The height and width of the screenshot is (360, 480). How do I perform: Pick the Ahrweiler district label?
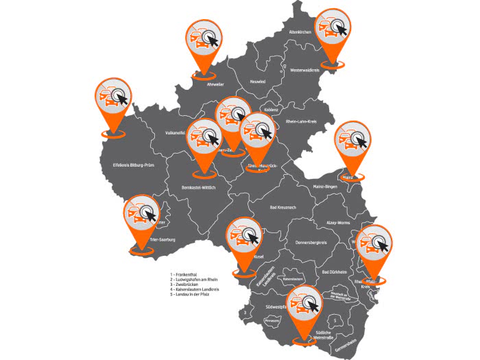coord(216,84)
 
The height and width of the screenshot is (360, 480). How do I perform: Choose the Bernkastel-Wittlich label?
coord(199,188)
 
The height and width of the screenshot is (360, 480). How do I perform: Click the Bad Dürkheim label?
coord(335,271)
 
